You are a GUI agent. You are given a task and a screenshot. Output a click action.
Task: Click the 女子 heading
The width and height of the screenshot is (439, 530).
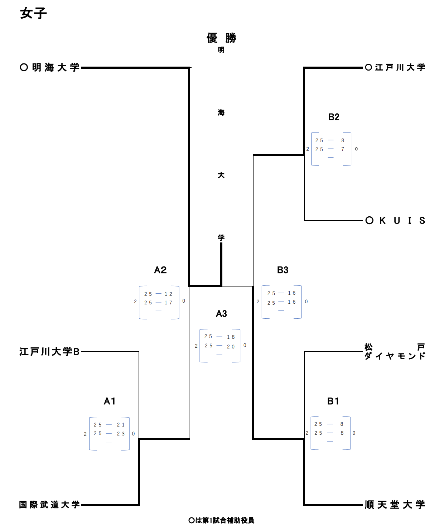coord(33,13)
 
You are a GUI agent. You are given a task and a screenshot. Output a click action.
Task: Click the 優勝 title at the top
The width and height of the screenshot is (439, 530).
coord(221,38)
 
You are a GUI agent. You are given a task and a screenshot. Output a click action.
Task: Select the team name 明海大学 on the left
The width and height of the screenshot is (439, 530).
coord(56,67)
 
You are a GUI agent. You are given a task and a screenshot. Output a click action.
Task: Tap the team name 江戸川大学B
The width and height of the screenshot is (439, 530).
coord(49,352)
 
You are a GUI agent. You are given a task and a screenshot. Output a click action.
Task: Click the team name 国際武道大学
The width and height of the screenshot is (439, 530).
coord(49,505)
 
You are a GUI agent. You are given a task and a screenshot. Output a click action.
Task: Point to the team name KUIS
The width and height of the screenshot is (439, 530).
coord(402,221)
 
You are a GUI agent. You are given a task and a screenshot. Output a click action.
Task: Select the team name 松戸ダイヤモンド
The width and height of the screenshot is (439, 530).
coord(395,352)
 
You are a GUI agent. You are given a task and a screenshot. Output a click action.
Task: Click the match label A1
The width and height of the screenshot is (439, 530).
coord(110,401)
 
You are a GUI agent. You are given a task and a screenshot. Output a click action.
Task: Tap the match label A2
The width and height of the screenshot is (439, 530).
coord(160,270)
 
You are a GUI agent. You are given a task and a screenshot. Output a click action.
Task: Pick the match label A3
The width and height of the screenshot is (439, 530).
coord(221,314)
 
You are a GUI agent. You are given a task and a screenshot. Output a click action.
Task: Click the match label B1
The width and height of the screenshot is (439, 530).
coord(333,401)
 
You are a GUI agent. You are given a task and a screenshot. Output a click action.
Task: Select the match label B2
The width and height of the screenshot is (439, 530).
coord(334,117)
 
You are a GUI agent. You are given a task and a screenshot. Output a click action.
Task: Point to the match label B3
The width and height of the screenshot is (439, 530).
coord(283,270)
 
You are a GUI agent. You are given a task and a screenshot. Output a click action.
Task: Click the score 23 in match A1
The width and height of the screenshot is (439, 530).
coord(121,434)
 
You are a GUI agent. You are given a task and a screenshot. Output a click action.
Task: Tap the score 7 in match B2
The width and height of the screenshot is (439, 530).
coord(343,149)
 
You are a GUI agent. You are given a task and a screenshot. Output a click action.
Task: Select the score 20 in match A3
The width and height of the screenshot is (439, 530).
coord(231,347)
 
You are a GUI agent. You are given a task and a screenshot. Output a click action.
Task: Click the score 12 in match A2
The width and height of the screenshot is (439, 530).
coord(168,294)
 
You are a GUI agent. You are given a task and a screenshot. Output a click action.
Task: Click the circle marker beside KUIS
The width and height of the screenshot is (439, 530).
coord(370,221)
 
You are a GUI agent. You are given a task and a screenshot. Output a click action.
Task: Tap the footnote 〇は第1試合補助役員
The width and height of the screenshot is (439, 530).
coord(221,520)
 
